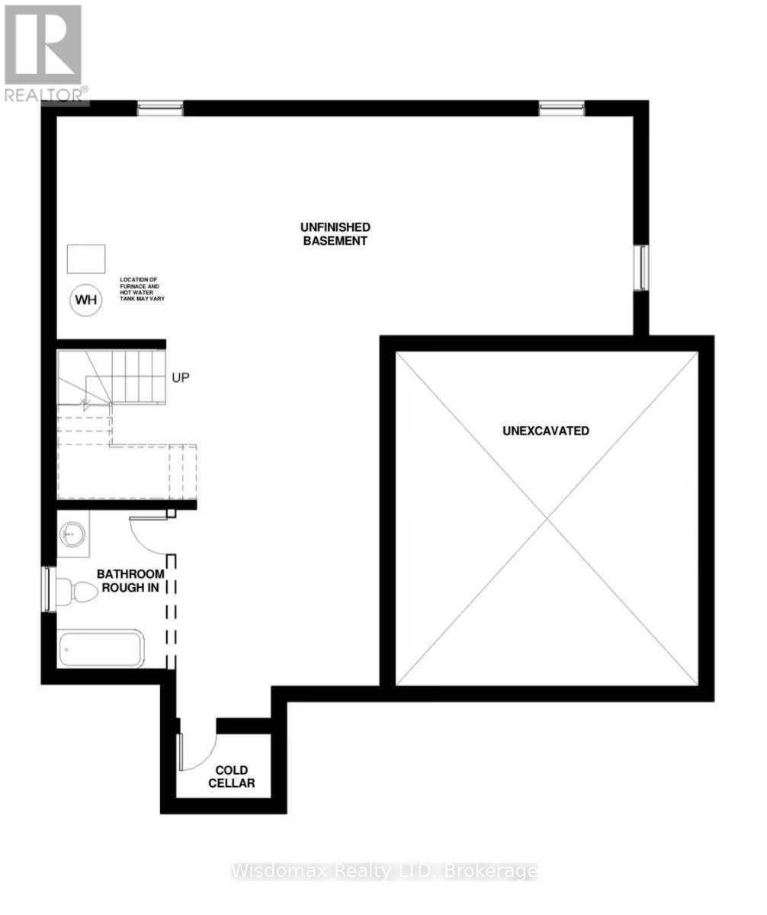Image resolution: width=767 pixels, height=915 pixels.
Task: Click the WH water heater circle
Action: [86, 300]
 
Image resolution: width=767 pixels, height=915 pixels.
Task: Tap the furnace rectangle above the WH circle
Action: [86, 259]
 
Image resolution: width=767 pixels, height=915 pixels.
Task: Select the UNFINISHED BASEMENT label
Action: [335, 234]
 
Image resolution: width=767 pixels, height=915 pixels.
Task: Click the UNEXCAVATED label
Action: [546, 431]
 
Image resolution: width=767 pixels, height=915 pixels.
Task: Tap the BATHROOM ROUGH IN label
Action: [130, 581]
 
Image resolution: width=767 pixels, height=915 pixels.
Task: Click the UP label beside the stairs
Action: [180, 377]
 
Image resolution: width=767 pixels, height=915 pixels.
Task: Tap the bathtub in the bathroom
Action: [101, 650]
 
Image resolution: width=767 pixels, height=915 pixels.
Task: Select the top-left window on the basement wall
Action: [160, 108]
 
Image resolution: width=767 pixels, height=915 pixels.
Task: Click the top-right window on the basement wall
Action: [562, 108]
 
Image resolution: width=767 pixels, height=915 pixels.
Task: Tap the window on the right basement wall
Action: [643, 268]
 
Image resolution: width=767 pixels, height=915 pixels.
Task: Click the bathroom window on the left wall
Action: [49, 589]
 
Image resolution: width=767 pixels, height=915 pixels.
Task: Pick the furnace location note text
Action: [142, 290]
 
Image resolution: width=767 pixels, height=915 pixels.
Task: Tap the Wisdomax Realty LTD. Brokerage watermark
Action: [383, 871]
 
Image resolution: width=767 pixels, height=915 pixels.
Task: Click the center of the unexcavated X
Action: [547, 519]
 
